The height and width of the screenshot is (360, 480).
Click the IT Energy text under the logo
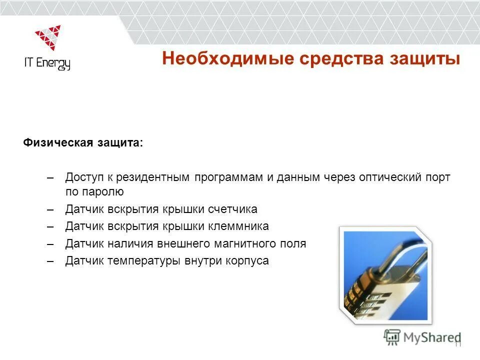47,63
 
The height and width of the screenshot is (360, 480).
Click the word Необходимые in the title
227,58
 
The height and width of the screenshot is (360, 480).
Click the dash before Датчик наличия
49,244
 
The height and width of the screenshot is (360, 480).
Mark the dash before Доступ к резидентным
49,178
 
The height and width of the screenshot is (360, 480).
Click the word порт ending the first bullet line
438,178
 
